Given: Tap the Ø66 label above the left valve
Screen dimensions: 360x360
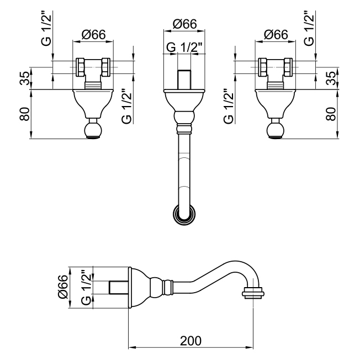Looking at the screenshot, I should pos(93,34).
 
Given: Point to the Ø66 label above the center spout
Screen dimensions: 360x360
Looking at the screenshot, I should pos(184,24).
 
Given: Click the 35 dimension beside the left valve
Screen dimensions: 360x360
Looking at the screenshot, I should pos(24,78).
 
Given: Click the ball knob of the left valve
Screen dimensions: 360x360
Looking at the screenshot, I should pos(93,131).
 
